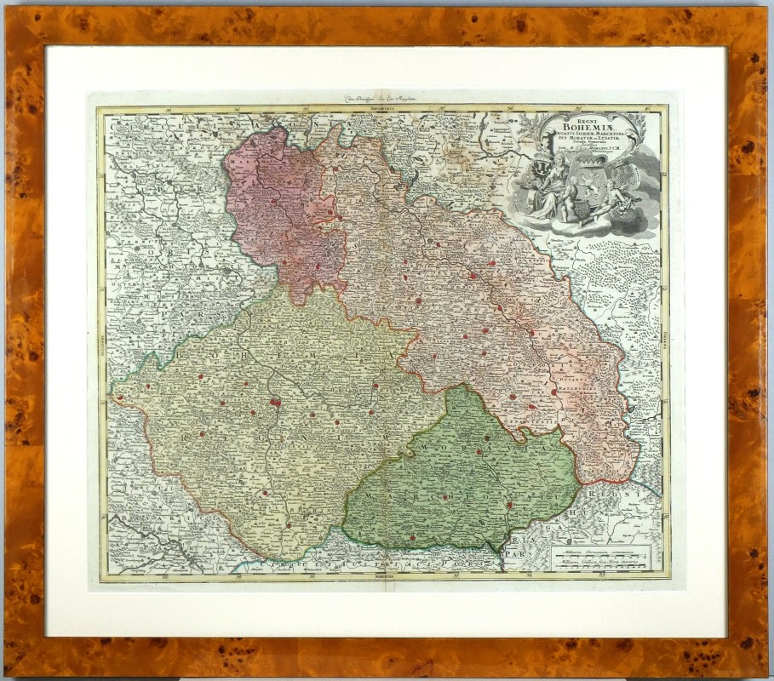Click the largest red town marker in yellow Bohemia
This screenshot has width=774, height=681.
click(x=276, y=402)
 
